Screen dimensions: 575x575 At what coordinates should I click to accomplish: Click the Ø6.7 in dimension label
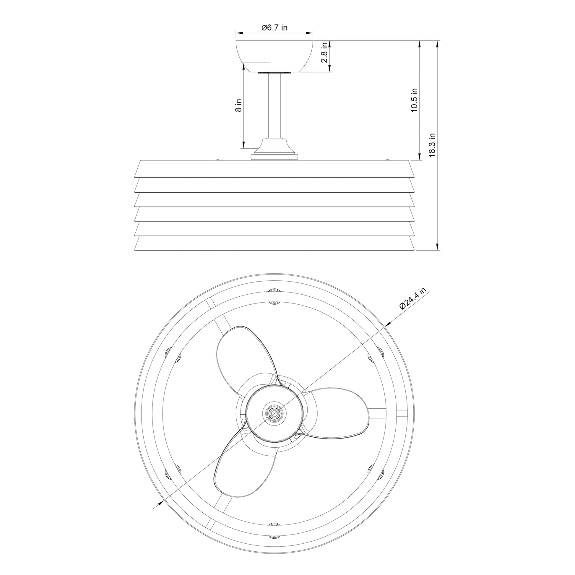274,28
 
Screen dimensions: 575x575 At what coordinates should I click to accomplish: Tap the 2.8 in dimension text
324,52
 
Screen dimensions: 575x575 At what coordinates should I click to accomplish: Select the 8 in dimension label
238,105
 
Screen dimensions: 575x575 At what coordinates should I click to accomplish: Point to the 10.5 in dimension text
414,100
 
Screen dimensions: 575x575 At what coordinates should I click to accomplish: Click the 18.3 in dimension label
432,145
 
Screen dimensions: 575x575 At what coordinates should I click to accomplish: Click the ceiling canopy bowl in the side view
274,56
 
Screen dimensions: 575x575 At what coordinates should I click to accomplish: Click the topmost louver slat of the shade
274,169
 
